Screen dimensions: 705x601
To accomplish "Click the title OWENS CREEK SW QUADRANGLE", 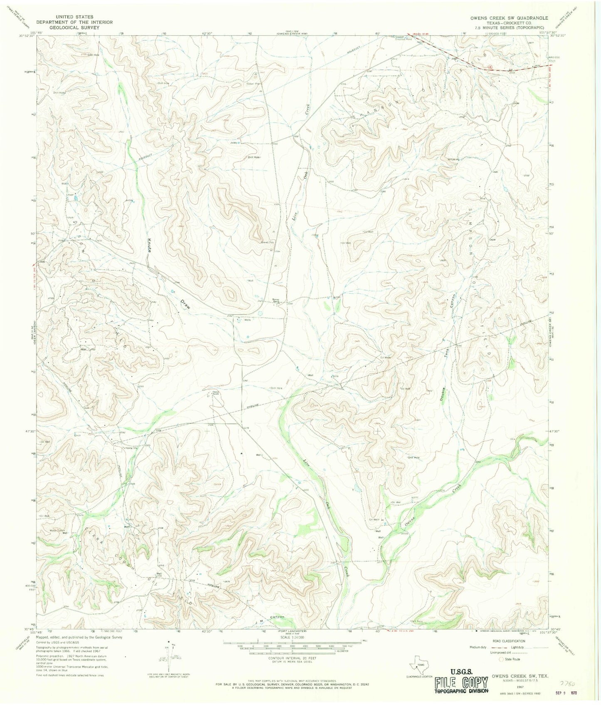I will pyautogui.click(x=509, y=18).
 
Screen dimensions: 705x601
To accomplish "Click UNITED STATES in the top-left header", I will pyautogui.click(x=77, y=17).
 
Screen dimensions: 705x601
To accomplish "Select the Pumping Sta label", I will pyautogui.click(x=129, y=448).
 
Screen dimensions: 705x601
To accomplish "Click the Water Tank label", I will pyautogui.click(x=57, y=531).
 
